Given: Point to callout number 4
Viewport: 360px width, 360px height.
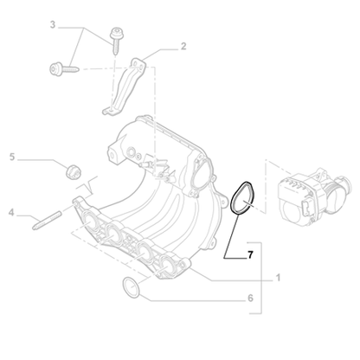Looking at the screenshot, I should point(11,210).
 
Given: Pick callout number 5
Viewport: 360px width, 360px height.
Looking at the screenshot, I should point(12,157).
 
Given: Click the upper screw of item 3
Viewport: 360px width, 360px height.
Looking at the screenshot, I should point(116,35).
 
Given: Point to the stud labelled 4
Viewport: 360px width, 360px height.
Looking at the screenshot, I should point(44,218).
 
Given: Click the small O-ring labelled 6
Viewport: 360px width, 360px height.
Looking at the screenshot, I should point(130,286).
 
